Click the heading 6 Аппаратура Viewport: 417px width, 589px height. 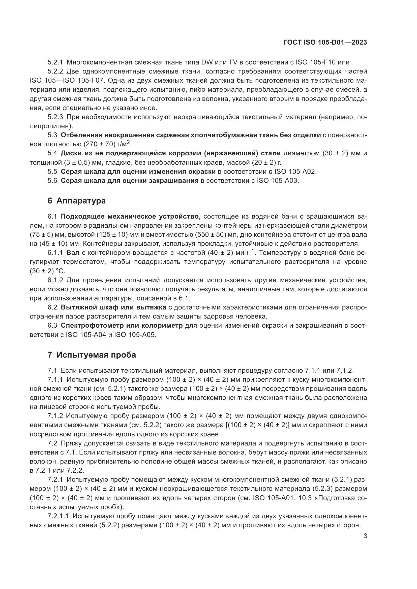tap(77, 201)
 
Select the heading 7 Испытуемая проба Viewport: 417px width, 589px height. tap(92, 355)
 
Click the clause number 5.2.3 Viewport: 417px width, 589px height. tap(55, 117)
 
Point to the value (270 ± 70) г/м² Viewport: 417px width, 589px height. tap(107, 145)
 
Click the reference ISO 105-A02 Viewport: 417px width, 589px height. tap(295, 172)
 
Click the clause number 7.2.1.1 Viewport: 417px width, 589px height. tap(58, 516)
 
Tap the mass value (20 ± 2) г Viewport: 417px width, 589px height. tap(266, 163)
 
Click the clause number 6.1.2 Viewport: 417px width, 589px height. tap(55, 280)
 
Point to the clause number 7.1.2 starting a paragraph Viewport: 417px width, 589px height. tap(55, 416)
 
